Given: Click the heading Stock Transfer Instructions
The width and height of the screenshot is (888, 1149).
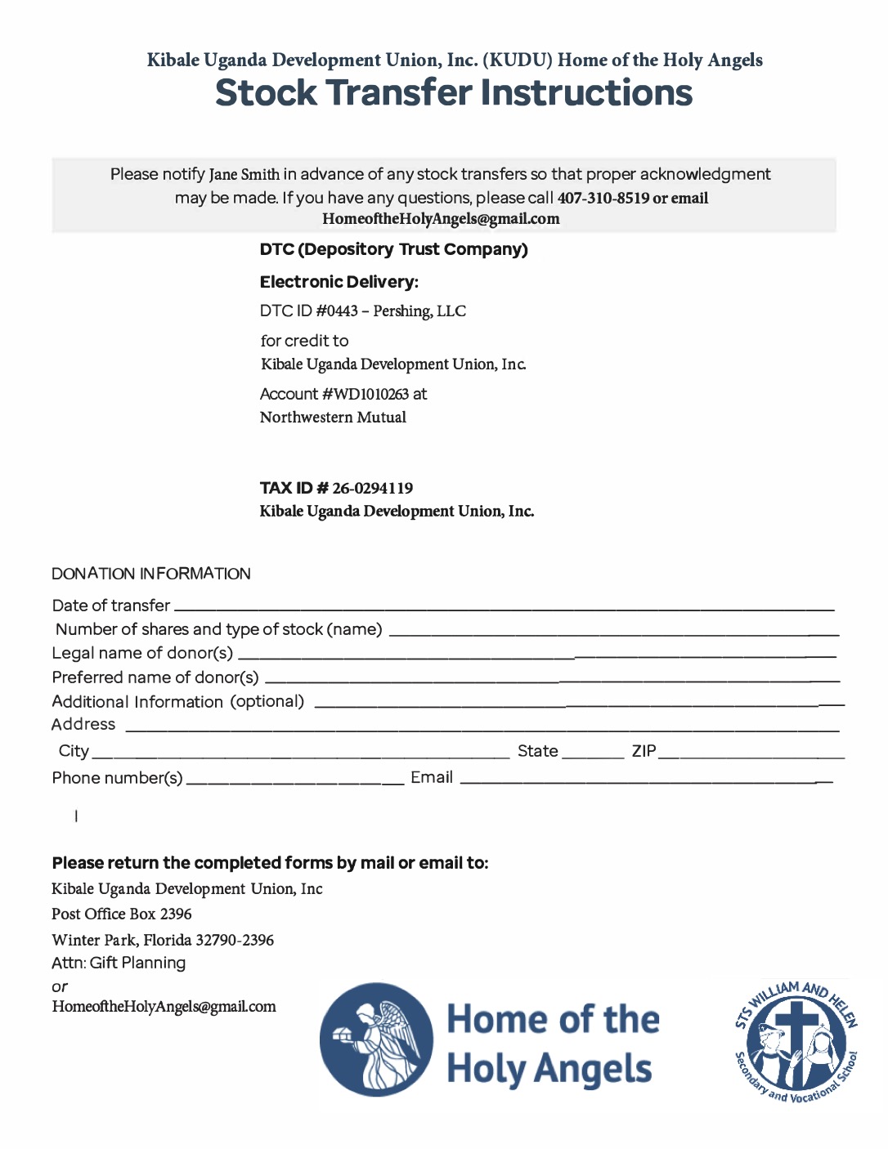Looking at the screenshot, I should point(454,93).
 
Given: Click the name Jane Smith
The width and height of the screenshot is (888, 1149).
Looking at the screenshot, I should point(244,175).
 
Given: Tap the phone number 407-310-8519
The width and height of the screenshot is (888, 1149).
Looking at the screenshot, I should point(603,198).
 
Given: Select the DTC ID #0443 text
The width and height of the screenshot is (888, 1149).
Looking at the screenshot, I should point(309,311).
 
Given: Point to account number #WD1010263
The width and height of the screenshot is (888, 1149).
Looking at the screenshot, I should point(366,394).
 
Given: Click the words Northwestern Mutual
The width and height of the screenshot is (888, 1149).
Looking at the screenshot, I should point(333,418).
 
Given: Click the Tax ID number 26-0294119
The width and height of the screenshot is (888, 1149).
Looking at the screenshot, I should point(372,489).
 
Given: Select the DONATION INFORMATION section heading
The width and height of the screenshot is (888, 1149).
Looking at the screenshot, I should point(151,574).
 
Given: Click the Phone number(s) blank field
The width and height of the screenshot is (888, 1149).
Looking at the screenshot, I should point(295,783).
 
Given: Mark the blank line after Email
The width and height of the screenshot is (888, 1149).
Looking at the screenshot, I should point(646,783).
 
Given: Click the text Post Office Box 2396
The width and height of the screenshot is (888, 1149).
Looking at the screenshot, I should point(122,914).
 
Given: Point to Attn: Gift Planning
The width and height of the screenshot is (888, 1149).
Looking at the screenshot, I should point(119,963).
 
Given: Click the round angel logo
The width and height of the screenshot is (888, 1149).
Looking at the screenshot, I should point(376,1039).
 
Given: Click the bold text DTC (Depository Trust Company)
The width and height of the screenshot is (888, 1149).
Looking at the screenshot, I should point(393,249).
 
